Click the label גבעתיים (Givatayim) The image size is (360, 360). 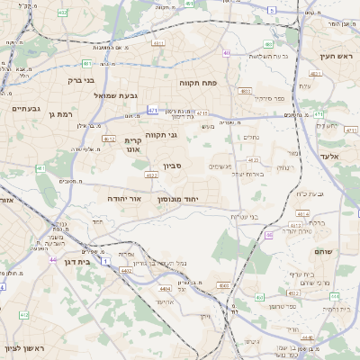[25, 108]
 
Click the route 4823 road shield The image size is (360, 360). [246, 91]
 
